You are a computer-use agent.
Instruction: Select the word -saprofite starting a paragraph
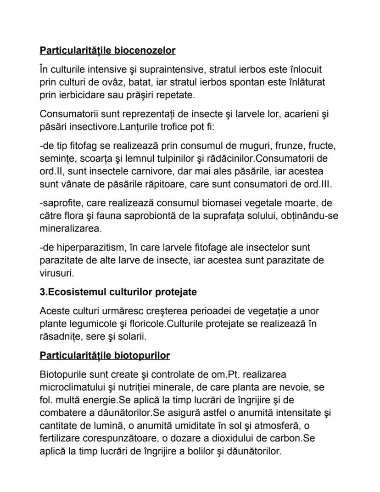point(60,202)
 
